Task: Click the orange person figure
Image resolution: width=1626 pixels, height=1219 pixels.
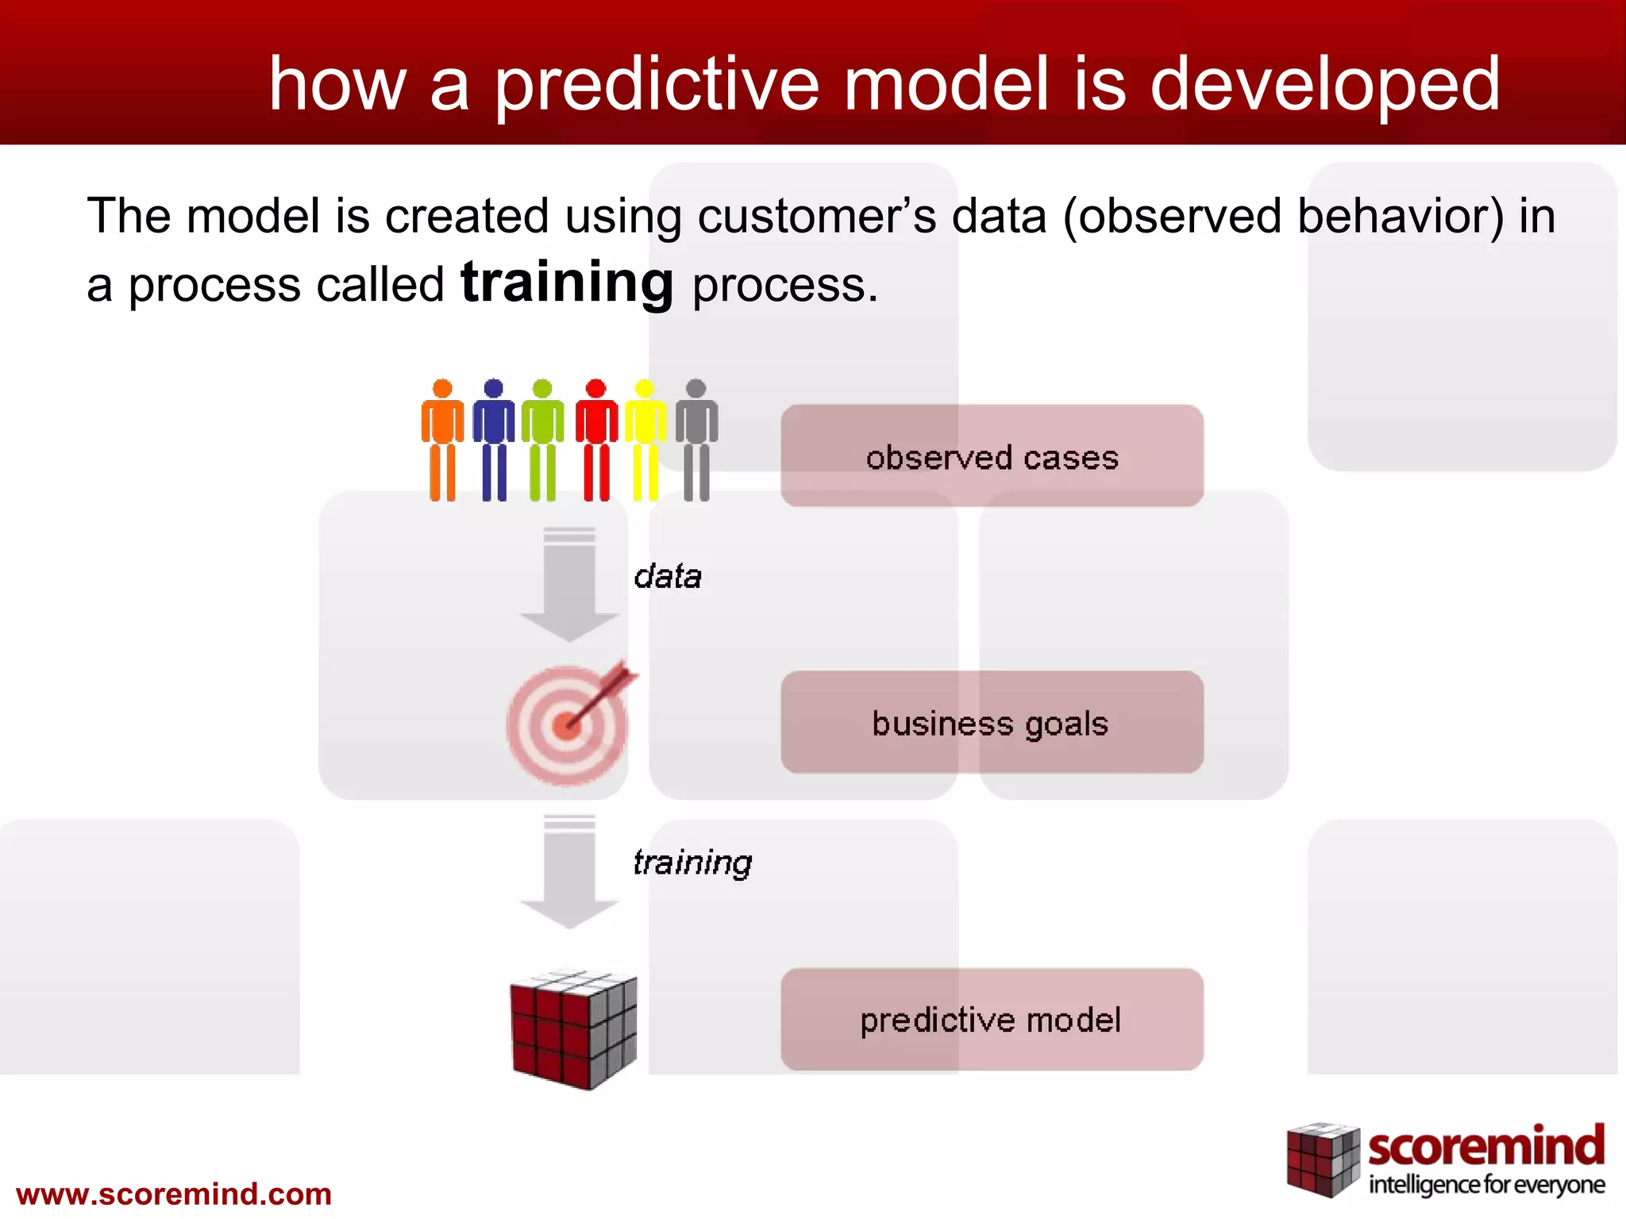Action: [442, 440]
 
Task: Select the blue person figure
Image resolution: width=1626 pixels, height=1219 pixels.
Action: [493, 440]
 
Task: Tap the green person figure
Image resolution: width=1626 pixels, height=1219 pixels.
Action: [542, 440]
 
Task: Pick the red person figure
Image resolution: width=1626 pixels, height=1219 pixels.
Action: [596, 440]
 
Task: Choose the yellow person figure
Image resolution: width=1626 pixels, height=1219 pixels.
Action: [645, 440]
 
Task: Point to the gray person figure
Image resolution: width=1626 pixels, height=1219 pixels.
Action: [696, 440]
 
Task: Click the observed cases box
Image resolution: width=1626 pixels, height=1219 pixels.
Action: [992, 456]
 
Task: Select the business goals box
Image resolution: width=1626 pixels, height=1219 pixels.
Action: [992, 722]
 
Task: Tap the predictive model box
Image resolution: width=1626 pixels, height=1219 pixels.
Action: [992, 1019]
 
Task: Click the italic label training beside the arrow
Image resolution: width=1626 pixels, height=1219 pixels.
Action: [692, 863]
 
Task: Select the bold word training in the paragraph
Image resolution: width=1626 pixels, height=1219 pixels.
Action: [567, 283]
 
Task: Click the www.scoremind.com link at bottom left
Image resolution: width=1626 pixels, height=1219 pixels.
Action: [174, 1194]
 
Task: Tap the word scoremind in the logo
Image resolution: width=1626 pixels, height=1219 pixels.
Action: [1485, 1148]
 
